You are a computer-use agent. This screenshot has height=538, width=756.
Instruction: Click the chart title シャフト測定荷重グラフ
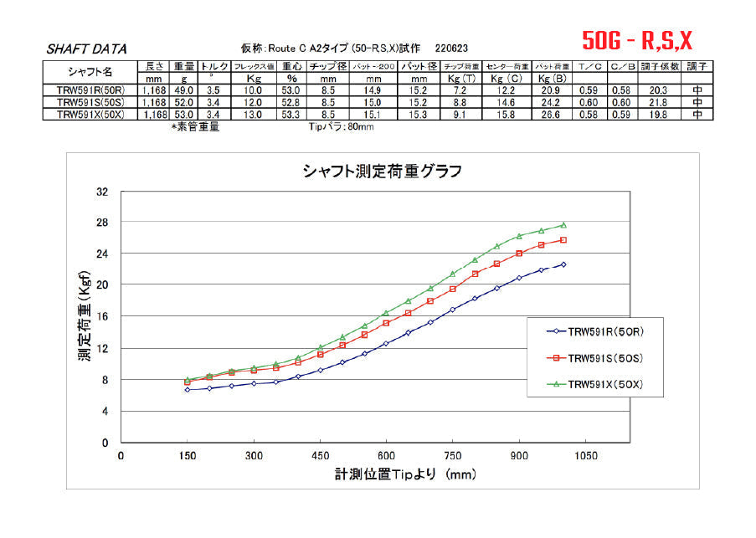click(x=382, y=172)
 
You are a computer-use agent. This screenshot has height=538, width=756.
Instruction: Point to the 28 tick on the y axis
click(x=103, y=222)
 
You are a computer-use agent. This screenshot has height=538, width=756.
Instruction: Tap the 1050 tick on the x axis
click(x=585, y=456)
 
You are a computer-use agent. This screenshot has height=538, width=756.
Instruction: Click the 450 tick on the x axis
click(x=320, y=456)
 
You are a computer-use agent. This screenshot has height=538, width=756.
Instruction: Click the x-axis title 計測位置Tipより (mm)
click(x=405, y=474)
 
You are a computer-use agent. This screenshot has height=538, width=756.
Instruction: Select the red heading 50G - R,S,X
click(x=638, y=39)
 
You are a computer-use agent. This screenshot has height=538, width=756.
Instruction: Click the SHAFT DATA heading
click(x=86, y=49)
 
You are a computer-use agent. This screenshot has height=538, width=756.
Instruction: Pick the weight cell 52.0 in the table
click(x=184, y=102)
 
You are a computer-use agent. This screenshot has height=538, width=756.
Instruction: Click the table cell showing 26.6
click(x=547, y=115)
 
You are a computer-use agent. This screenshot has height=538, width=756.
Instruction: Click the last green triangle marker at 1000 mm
click(x=563, y=224)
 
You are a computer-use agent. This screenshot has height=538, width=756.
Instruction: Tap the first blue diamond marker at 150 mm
click(x=188, y=389)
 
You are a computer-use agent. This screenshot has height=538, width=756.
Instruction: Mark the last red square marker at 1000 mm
click(x=563, y=240)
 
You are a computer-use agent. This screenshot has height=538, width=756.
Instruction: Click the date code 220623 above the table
click(x=451, y=49)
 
